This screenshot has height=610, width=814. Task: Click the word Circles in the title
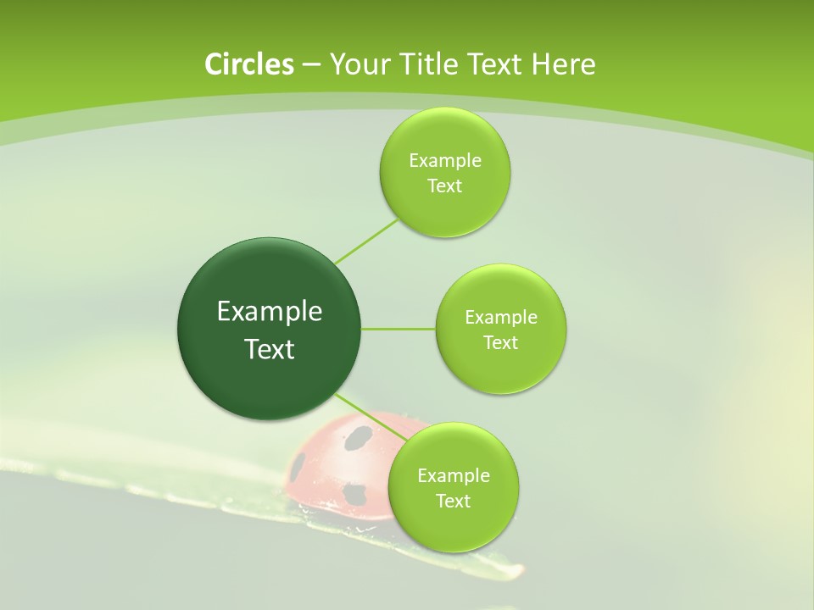pyautogui.click(x=248, y=64)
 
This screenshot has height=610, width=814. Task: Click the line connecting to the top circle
pyautogui.click(x=366, y=241)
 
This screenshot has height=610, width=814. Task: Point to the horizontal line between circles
pyautogui.click(x=399, y=329)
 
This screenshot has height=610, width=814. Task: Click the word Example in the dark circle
pyautogui.click(x=270, y=312)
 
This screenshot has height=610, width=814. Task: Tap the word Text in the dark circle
pyautogui.click(x=270, y=349)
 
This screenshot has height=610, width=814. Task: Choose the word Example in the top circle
pyautogui.click(x=445, y=161)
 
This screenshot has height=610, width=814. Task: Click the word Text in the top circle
pyautogui.click(x=444, y=186)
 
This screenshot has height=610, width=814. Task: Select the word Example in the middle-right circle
pyautogui.click(x=501, y=318)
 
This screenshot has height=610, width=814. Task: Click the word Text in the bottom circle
pyautogui.click(x=453, y=501)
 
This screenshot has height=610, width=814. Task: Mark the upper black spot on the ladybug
pyautogui.click(x=359, y=437)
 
